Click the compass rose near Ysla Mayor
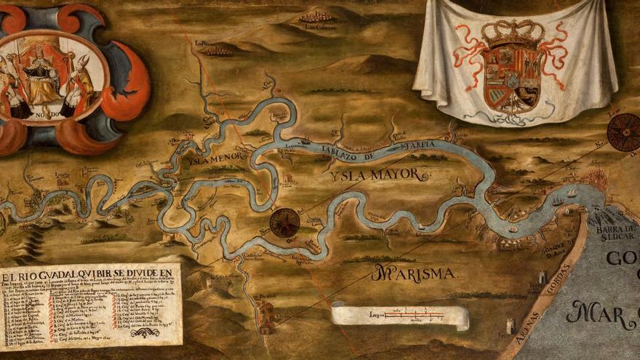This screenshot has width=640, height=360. [x=284, y=223]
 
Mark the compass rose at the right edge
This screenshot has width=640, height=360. [x=624, y=132]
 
